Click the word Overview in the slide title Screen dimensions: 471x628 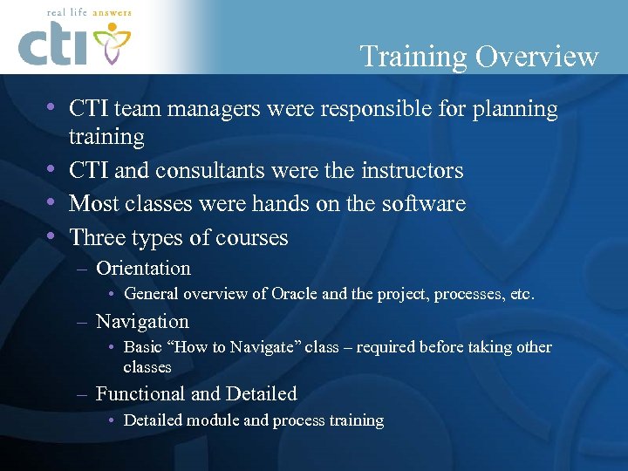point(536,57)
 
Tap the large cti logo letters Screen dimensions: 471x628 point(52,45)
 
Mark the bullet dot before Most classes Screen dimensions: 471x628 point(51,203)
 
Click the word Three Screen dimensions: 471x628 point(98,237)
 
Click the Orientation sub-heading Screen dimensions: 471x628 point(143,269)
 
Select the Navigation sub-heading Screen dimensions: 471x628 point(142,321)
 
